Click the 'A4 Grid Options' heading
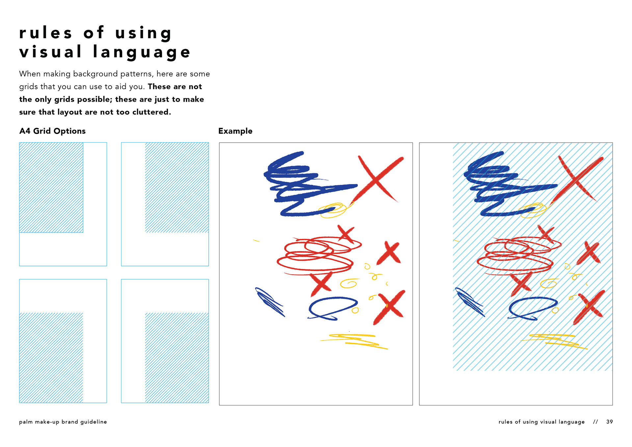(52, 131)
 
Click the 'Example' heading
(235, 131)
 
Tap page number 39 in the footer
(610, 422)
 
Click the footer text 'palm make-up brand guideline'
(63, 422)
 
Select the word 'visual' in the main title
(50, 52)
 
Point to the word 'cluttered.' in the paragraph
(152, 112)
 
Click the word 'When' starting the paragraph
(30, 74)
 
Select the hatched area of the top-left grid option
(51, 187)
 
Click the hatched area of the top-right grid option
(177, 187)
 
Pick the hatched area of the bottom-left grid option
(51, 357)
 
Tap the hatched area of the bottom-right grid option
(177, 357)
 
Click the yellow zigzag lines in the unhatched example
(354, 341)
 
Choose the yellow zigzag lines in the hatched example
(554, 341)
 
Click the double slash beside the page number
(595, 422)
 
